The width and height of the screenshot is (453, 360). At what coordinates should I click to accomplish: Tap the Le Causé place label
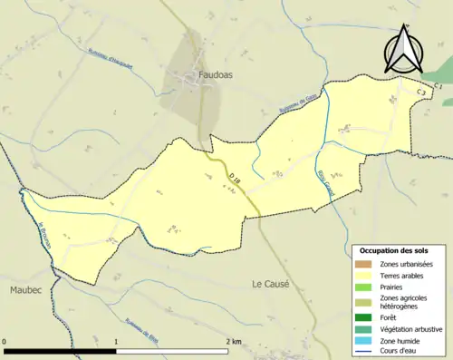point(270,283)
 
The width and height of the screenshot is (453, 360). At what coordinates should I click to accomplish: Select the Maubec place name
point(26,289)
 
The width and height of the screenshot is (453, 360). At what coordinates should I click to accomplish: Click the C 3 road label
point(421,92)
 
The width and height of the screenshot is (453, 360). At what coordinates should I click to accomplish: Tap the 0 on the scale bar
point(5,342)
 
